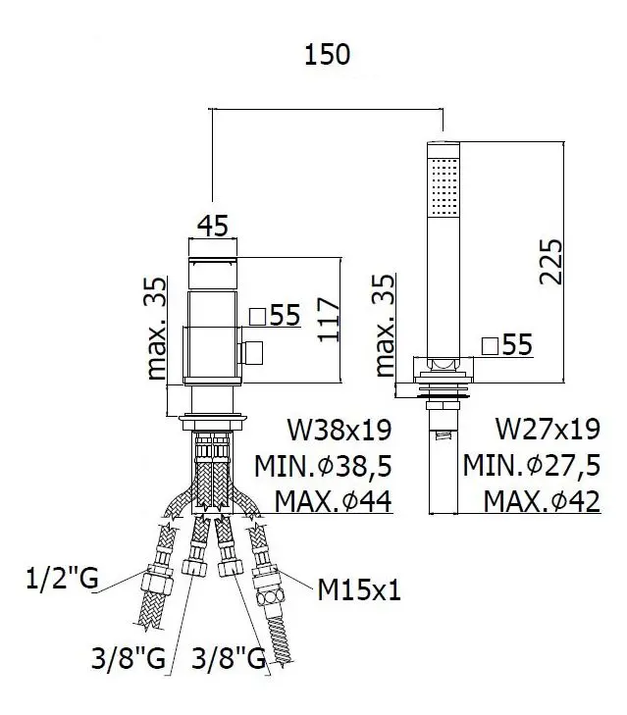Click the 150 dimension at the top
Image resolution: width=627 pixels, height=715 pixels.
327,54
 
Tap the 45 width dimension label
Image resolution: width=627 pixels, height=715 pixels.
212,226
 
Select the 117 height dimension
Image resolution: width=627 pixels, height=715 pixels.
329,319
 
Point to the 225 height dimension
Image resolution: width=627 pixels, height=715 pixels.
550,261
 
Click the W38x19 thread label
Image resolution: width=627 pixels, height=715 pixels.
340,430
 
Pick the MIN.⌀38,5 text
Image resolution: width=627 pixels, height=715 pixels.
323,466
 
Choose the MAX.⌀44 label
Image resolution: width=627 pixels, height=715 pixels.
333,501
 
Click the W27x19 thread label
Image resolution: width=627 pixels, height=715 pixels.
548,429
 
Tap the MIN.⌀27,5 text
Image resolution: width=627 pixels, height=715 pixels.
532,465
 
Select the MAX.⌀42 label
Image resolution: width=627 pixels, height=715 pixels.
542,501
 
